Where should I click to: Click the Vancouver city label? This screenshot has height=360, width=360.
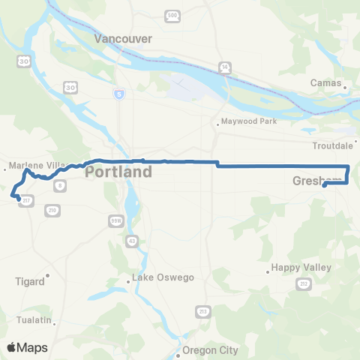tap(124, 38)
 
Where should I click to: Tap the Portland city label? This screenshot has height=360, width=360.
tap(118, 172)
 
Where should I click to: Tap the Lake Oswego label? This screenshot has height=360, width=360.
tap(163, 277)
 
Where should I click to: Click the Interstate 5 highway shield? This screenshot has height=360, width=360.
tap(119, 94)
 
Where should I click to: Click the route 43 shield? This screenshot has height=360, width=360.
tap(133, 240)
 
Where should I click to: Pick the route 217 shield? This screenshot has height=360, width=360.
tap(27, 201)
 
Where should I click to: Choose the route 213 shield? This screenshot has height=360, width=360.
tap(202, 310)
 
